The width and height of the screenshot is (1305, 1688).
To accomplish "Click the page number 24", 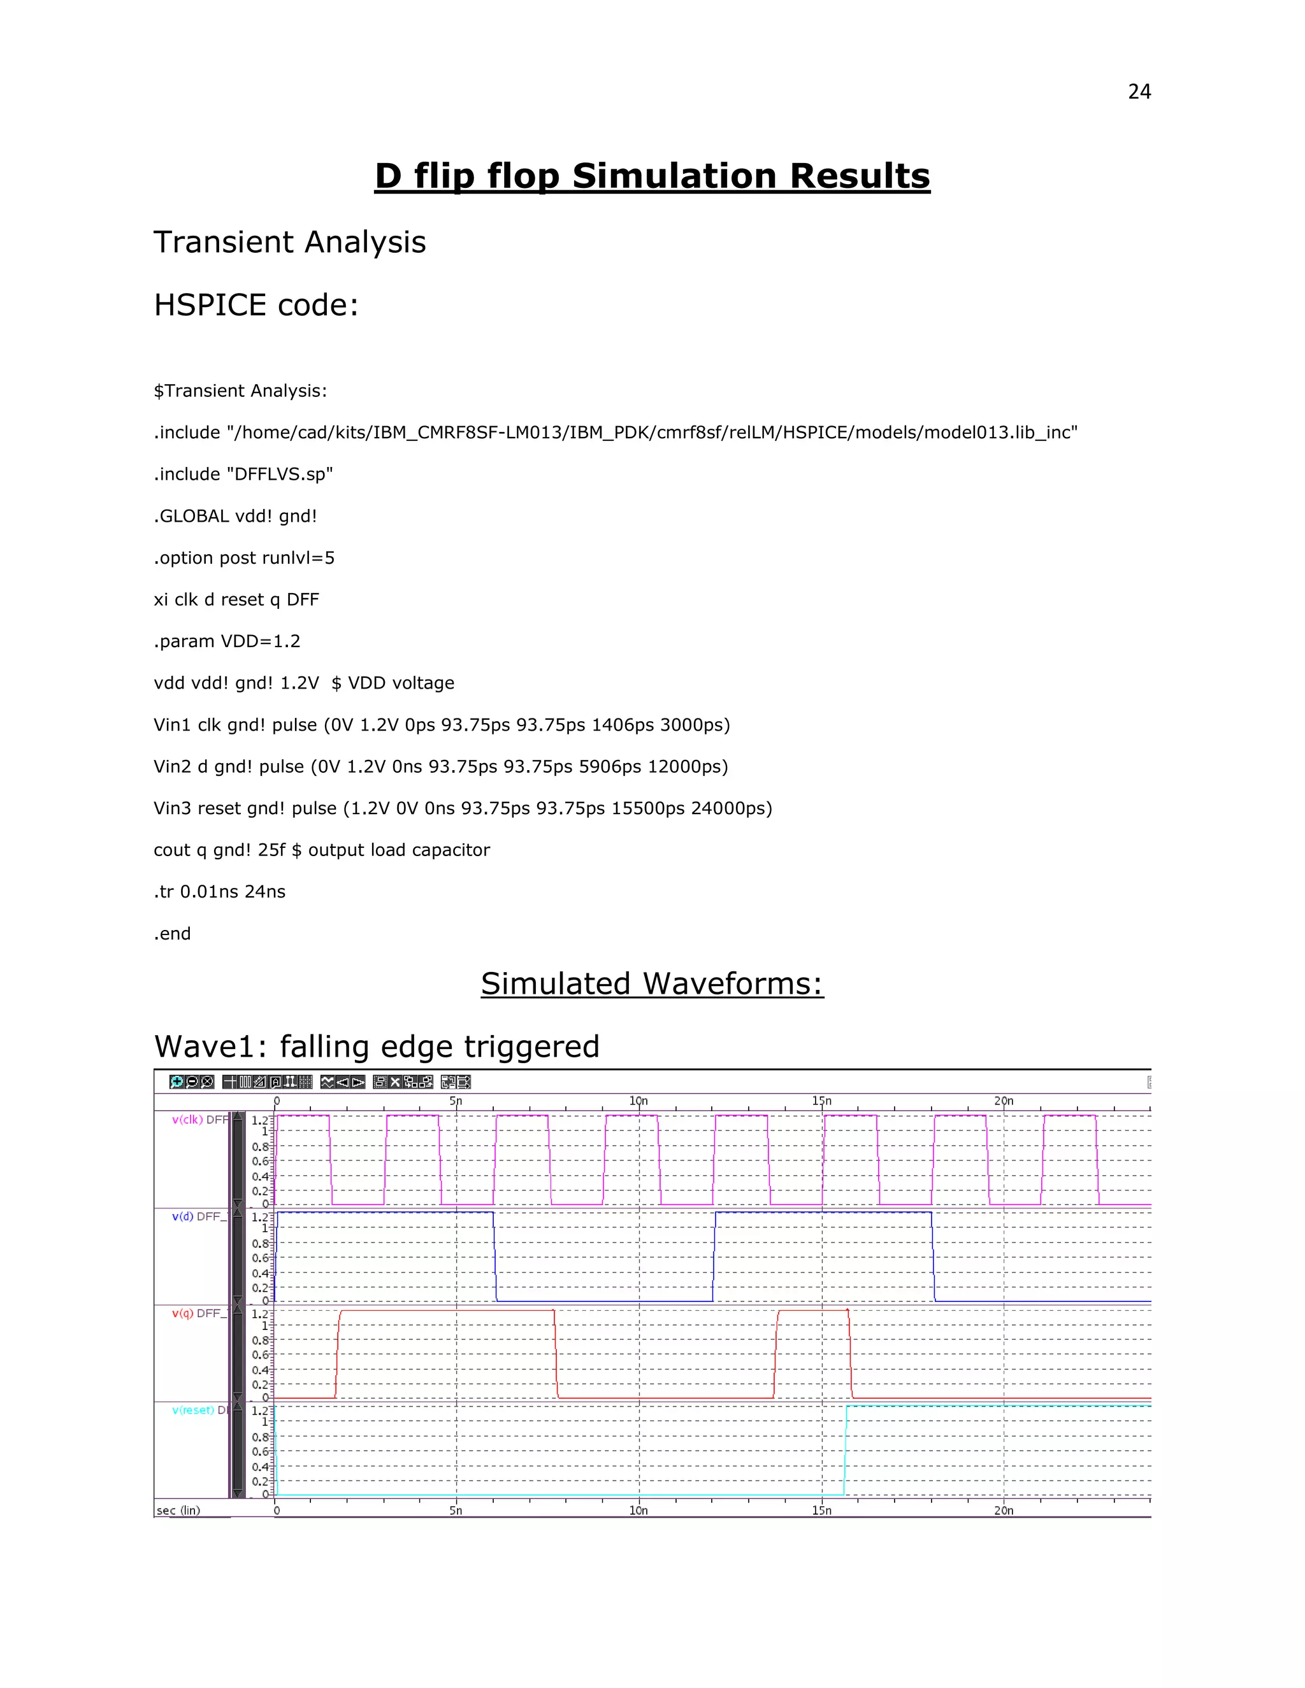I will click(1139, 92).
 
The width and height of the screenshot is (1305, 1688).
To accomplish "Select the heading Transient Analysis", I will click(289, 242).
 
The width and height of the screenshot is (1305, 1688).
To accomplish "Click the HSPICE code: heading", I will click(256, 305).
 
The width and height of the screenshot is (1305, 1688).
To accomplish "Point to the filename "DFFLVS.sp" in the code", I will click(279, 475).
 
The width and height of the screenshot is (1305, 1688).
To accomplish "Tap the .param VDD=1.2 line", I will click(226, 641).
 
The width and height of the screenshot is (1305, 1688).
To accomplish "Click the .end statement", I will click(171, 934).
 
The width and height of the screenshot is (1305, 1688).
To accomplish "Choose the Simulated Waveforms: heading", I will click(652, 984).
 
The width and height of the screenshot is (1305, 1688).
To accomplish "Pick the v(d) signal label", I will click(182, 1217).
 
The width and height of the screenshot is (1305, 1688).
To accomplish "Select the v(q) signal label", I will click(182, 1313).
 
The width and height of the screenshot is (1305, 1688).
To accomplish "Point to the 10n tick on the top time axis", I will click(638, 1101).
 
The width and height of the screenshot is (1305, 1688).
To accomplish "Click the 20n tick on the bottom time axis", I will click(1004, 1510).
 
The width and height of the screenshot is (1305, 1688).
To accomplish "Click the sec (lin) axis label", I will click(178, 1510).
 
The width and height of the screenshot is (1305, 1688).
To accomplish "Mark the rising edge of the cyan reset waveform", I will click(845, 1450).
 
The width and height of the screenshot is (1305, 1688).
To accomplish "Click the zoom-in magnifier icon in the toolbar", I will click(177, 1082).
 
